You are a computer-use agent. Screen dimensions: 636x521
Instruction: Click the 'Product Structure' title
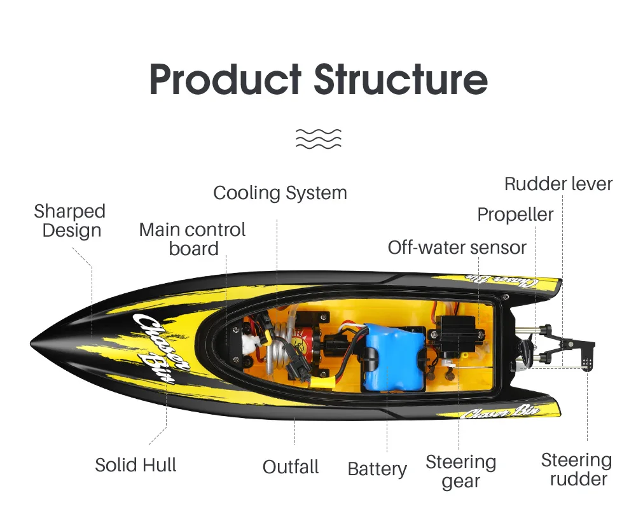319,80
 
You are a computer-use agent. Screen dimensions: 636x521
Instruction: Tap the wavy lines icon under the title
319,139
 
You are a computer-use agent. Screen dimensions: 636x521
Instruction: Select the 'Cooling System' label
280,193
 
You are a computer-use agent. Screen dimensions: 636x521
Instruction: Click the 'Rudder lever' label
558,184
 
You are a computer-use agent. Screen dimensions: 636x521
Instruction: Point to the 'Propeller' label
515,214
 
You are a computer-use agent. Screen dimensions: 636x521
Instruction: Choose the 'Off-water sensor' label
457,247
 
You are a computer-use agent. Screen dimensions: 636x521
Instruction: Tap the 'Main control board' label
192,239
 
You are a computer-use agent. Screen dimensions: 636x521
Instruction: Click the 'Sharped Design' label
70,221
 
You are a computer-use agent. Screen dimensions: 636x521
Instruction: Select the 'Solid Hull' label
135,465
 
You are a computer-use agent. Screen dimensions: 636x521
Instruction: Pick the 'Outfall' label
291,467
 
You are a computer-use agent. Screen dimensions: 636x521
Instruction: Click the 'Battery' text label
377,469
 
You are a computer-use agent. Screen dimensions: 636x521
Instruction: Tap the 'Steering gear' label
460,471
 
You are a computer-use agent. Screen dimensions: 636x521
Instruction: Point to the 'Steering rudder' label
576,469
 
